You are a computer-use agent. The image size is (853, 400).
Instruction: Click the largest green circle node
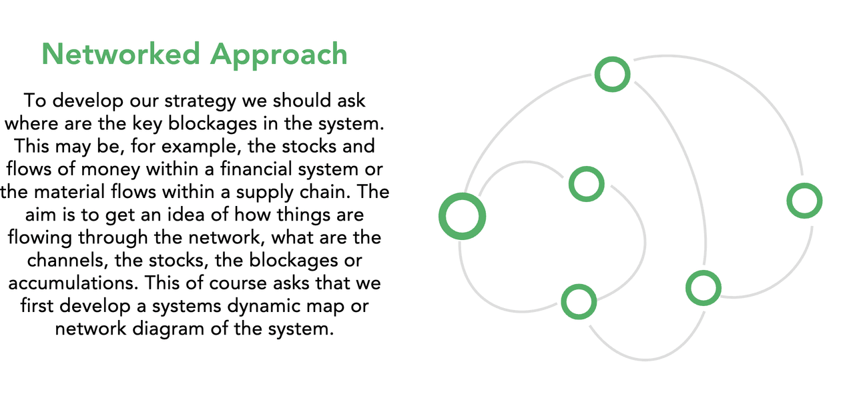[462, 216]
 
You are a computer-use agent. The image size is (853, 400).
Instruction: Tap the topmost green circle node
[612, 74]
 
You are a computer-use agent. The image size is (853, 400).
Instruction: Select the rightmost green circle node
[804, 201]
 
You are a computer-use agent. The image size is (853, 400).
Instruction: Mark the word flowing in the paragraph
[41, 237]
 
